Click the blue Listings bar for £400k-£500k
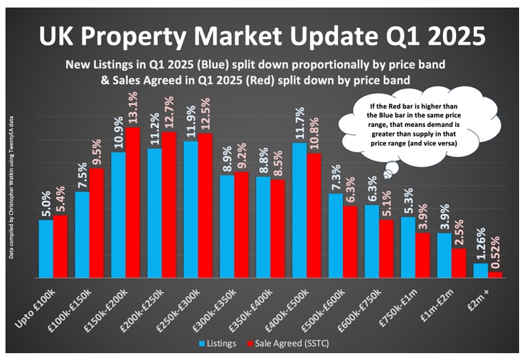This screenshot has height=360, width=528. [x=299, y=210]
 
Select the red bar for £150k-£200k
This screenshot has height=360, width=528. [x=132, y=203]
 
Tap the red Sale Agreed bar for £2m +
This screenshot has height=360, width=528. [x=495, y=274]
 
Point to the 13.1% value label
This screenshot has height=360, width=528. [x=133, y=109]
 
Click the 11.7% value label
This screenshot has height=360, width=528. [x=299, y=124]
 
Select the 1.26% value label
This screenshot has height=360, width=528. [x=481, y=242]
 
